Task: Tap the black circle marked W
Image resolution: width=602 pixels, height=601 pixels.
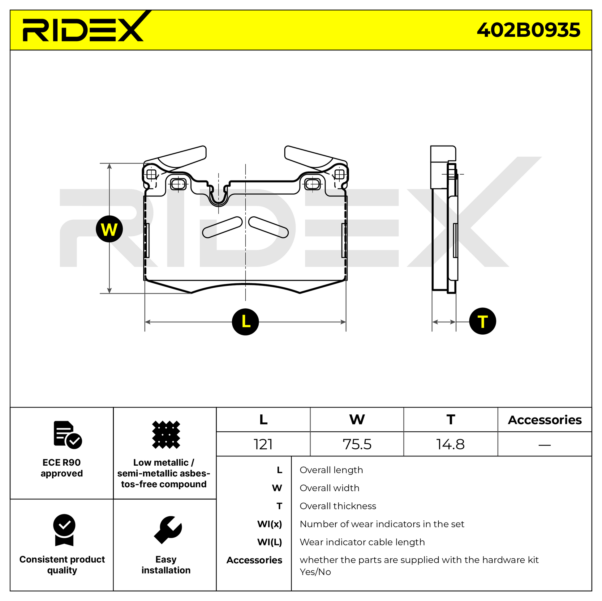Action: [x=109, y=229]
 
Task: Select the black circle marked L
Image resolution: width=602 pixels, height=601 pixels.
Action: [x=245, y=321]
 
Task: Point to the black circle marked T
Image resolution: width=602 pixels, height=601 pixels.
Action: [x=482, y=321]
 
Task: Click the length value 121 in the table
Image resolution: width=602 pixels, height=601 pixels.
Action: [x=263, y=444]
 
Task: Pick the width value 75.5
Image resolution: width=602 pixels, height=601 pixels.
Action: [x=357, y=444]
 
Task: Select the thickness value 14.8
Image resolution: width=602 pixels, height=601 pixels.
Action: [x=450, y=444]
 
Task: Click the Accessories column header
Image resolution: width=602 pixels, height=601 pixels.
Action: [x=544, y=420]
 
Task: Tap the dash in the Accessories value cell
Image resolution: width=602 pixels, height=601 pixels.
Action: [x=544, y=445]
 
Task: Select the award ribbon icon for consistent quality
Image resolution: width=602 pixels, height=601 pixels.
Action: [x=64, y=530]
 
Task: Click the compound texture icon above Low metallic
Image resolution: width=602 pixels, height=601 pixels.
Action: [x=166, y=434]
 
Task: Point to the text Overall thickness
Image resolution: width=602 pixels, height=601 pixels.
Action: [x=338, y=506]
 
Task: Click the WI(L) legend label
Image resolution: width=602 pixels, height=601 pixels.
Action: [x=269, y=542]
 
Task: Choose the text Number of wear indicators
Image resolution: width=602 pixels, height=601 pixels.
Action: [x=382, y=524]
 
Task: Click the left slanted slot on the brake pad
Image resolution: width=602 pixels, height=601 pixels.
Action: [x=222, y=227]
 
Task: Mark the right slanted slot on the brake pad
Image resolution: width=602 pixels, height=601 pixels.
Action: [x=268, y=227]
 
